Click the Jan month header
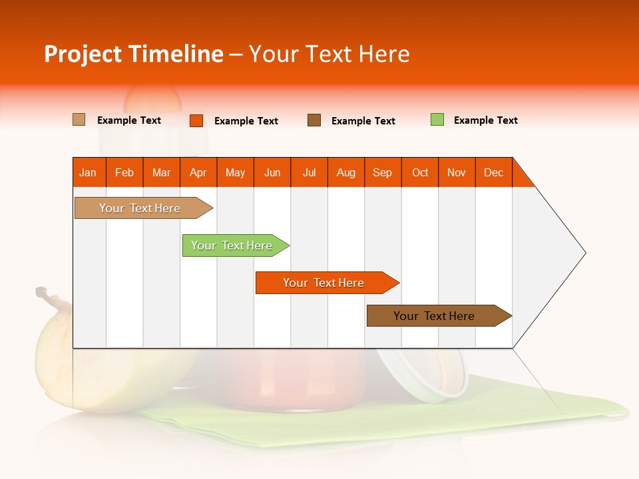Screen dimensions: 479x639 (89, 172)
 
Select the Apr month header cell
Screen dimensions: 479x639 (198, 172)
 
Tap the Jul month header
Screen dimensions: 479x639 (309, 172)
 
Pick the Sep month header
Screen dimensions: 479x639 (383, 172)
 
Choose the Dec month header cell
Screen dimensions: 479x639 (493, 172)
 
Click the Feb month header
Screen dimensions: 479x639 (124, 172)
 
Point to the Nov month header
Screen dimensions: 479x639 (457, 172)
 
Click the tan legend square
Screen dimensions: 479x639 (79, 120)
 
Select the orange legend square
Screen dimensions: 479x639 (196, 120)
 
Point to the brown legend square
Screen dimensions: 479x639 (314, 120)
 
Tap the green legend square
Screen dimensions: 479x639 (437, 120)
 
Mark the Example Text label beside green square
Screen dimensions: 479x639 (485, 120)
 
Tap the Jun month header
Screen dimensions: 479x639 (272, 172)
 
